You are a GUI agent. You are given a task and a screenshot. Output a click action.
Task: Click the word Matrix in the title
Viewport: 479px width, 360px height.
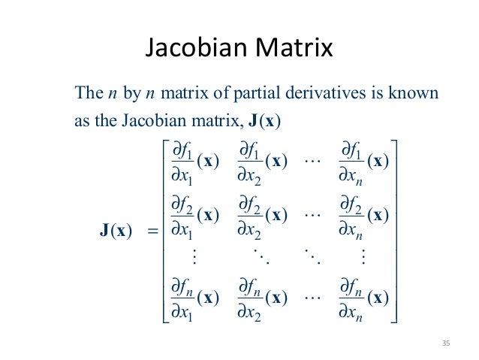(294, 50)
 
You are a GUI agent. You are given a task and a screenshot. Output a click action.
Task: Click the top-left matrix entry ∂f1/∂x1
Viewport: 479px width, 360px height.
(194, 163)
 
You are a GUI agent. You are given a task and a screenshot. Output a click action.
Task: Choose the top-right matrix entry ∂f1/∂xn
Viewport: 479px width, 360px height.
(363, 163)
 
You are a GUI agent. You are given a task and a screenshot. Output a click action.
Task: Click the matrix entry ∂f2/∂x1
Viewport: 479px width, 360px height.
(194, 216)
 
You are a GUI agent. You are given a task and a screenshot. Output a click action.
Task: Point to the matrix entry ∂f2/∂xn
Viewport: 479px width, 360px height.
(363, 216)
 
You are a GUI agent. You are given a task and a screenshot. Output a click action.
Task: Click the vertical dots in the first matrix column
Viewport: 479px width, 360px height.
(194, 257)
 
